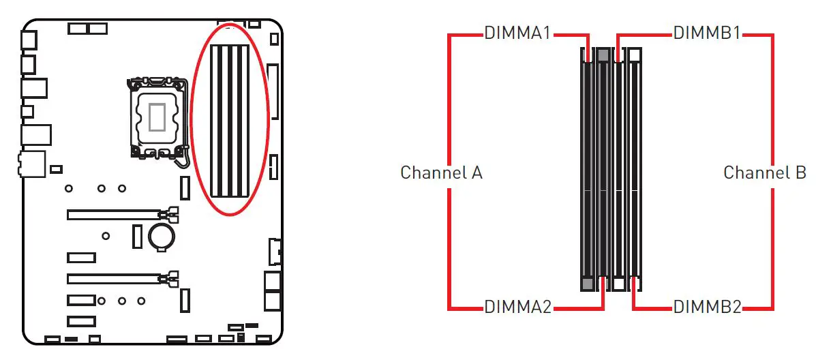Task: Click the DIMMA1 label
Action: (x=517, y=33)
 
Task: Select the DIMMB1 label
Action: (x=707, y=33)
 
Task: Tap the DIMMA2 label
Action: (x=517, y=307)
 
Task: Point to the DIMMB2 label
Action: (x=707, y=307)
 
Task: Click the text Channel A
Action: (x=441, y=172)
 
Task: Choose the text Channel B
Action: (x=764, y=172)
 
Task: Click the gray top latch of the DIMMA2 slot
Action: (x=603, y=55)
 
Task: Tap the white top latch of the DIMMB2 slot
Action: (x=635, y=55)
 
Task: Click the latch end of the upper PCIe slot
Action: (x=172, y=214)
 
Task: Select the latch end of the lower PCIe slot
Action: (x=172, y=278)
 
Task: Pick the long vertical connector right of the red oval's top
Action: (x=273, y=92)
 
